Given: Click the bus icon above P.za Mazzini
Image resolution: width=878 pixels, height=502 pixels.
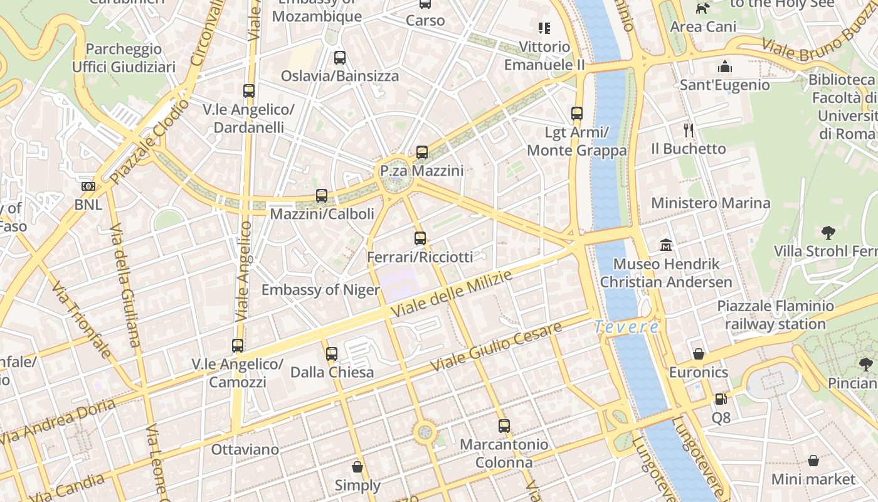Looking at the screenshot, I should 422,152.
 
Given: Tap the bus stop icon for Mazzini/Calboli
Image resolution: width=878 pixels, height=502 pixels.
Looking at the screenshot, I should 322,196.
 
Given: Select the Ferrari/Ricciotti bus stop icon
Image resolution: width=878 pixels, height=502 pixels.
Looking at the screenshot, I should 420,238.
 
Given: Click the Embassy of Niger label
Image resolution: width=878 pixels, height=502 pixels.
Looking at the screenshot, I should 320,289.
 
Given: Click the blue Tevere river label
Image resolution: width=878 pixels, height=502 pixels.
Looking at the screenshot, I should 627,327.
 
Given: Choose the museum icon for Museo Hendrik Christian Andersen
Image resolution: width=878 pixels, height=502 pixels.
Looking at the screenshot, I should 666,245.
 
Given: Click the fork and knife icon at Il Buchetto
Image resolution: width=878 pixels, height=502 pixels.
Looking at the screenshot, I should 689,131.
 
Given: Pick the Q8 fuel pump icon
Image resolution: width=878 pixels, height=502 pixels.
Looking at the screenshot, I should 721,399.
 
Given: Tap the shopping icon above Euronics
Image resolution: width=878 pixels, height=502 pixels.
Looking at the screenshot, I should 699,354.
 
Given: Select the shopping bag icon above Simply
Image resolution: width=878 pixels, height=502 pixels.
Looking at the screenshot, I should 357,467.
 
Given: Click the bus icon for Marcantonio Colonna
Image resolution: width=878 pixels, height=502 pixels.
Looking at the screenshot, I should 504,426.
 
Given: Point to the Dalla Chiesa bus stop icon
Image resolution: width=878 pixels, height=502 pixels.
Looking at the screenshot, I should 332,354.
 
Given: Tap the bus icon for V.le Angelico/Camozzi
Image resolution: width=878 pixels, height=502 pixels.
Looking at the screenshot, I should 238,346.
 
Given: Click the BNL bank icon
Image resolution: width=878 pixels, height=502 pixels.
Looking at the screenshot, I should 88,186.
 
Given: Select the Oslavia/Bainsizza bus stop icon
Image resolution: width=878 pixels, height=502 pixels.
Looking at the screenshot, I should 340,58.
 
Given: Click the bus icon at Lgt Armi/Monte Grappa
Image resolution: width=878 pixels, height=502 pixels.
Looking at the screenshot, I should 577,114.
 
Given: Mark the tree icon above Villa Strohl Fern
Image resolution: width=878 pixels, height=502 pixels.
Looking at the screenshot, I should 828,233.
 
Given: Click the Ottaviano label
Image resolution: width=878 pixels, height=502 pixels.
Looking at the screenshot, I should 245,449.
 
